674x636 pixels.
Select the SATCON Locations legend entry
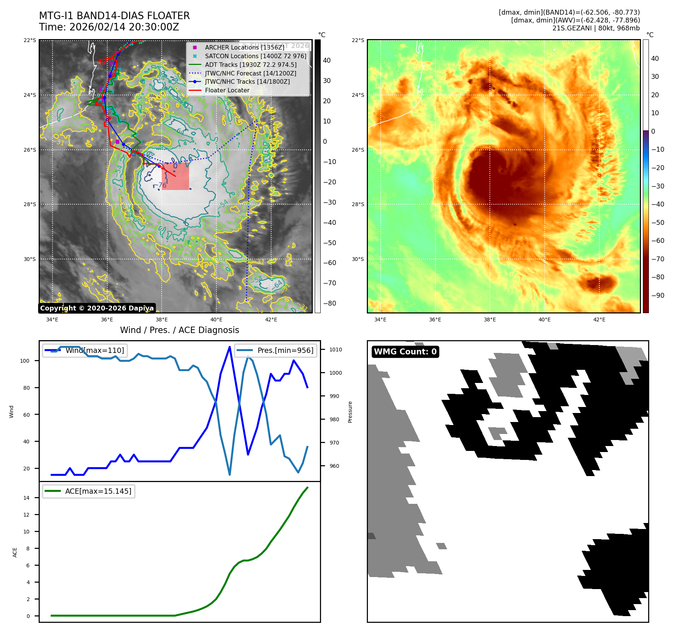tap(255, 56)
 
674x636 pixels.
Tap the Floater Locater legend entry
tap(227, 90)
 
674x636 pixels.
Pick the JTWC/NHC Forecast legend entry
tap(250, 73)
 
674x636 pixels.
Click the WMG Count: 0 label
tap(405, 352)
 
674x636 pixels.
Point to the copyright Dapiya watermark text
tap(97, 308)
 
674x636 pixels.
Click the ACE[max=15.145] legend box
tap(89, 491)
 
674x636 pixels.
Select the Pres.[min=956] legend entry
tap(276, 350)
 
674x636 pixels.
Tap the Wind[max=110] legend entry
tap(85, 350)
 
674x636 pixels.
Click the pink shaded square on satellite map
tap(176, 176)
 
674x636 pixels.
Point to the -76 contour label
tap(162, 185)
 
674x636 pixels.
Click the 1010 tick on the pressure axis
tap(336, 350)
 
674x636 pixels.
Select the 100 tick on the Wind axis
tap(25, 361)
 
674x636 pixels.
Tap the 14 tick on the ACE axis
tap(26, 498)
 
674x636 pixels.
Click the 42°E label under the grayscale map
tap(271, 320)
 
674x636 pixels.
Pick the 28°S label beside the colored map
tap(358, 204)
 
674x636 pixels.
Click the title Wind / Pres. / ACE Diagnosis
tap(179, 330)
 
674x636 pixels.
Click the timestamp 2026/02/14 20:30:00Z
tap(124, 27)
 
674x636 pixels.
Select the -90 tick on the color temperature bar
tap(657, 295)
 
